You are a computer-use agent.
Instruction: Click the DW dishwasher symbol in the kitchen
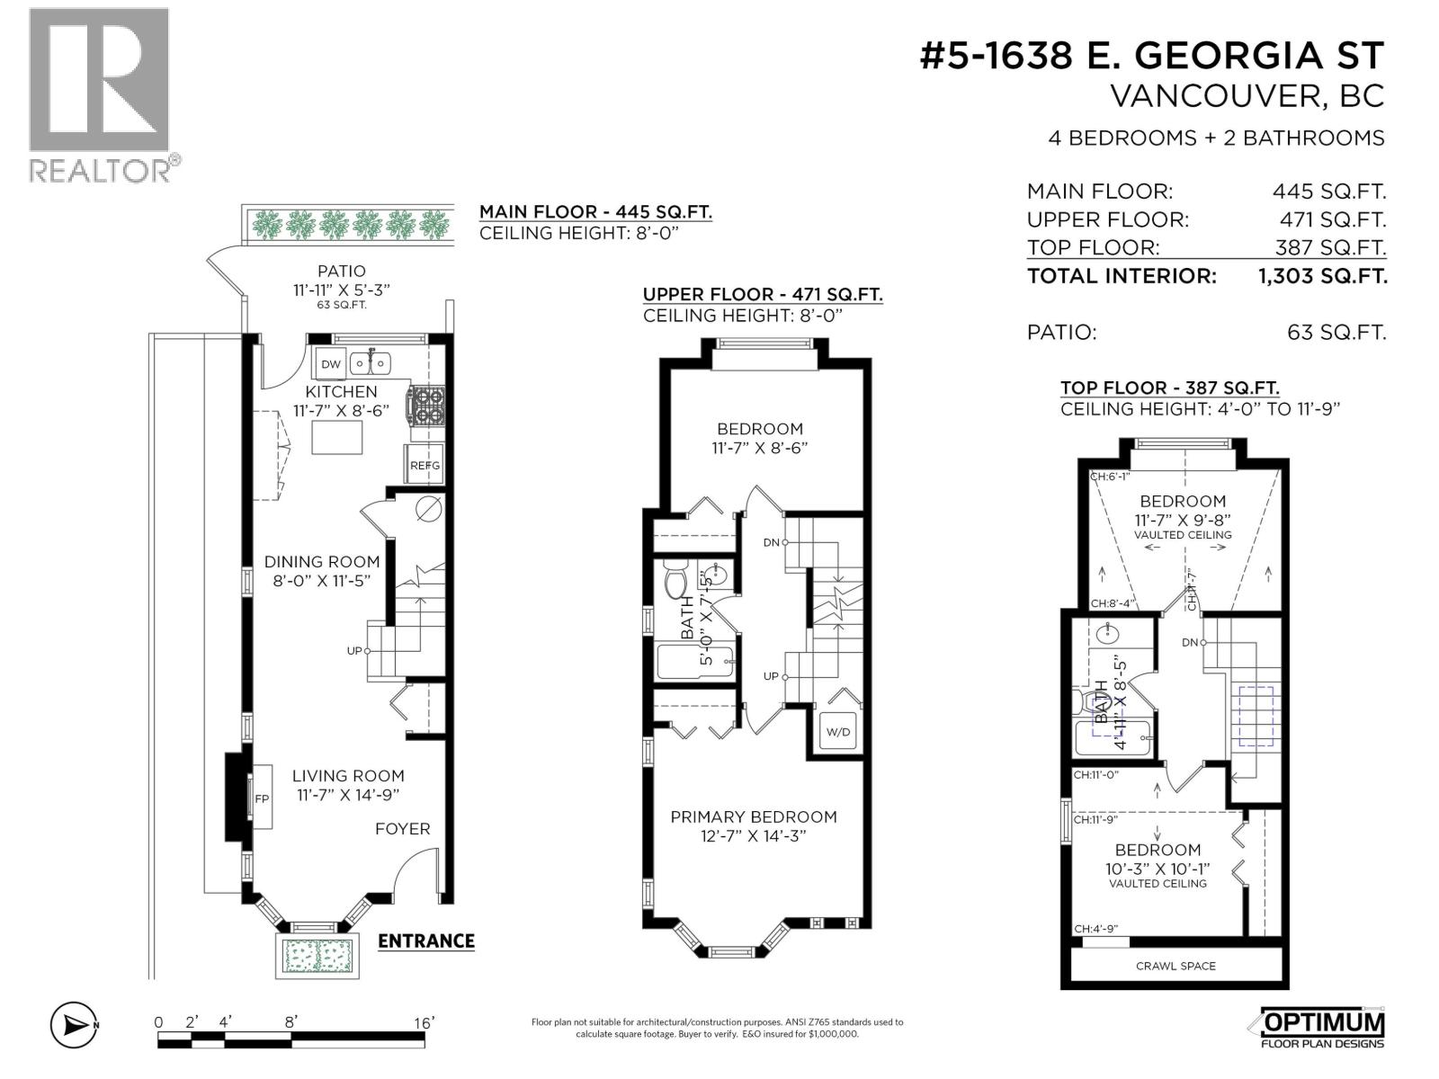[331, 364]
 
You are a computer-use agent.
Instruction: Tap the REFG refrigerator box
[425, 465]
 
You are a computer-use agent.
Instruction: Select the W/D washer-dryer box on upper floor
[837, 732]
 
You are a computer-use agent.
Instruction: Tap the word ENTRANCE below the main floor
[425, 941]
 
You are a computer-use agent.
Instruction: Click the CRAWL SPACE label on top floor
[1175, 966]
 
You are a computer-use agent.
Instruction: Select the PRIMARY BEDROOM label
[753, 816]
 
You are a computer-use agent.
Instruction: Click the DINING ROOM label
[321, 561]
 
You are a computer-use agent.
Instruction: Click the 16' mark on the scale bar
[422, 1022]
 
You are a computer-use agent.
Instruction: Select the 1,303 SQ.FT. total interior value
[1322, 275]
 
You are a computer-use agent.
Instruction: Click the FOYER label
[402, 828]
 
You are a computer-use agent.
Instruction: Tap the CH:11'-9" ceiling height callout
[1095, 819]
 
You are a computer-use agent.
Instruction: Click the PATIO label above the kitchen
[341, 271]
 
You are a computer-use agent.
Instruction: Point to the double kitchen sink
[370, 363]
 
